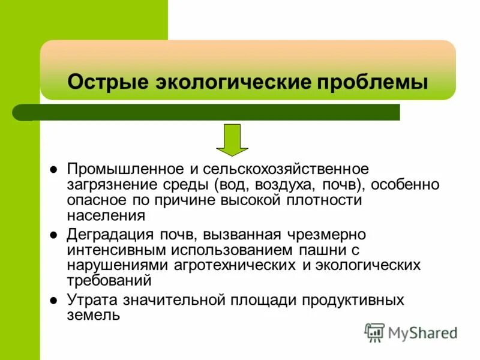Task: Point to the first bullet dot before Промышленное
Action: (x=53, y=170)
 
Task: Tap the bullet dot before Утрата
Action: (x=53, y=300)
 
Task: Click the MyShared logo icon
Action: (x=374, y=332)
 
